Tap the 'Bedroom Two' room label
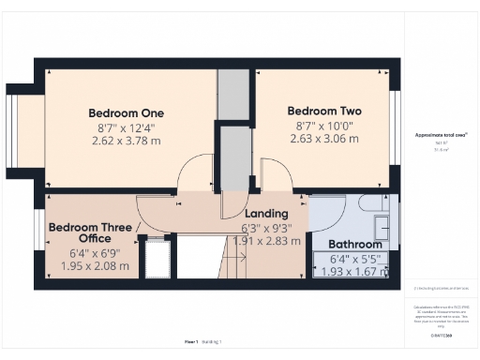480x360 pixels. pos(324,110)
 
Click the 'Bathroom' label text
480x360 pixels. pos(354,245)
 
